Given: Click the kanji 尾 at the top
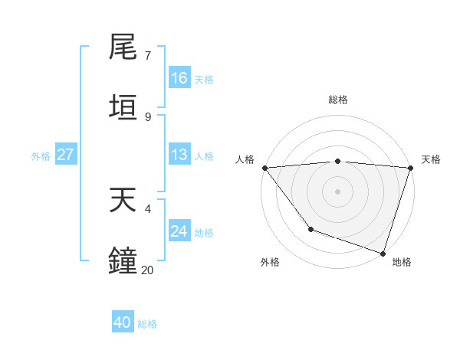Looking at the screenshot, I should click(x=124, y=47).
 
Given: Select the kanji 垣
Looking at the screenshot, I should click(x=124, y=108).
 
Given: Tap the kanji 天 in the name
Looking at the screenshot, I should click(x=124, y=201).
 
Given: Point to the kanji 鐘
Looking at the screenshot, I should click(x=124, y=260).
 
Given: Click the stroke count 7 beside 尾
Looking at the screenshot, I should click(x=147, y=56).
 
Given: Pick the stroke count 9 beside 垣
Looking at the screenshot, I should click(x=147, y=116).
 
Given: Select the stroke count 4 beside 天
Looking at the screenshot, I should click(x=147, y=208).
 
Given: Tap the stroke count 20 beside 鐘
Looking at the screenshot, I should click(x=147, y=270).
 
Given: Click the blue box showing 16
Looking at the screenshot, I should click(x=179, y=78).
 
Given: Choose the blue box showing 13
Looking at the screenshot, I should click(x=179, y=155).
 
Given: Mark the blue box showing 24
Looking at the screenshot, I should click(x=179, y=231).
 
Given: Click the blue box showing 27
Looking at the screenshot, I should click(x=66, y=155).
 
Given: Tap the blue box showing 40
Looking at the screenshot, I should click(x=123, y=322).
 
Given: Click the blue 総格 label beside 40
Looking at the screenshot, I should click(x=148, y=324).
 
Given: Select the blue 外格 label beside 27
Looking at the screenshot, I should click(x=41, y=155).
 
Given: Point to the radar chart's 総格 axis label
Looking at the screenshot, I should click(x=338, y=100).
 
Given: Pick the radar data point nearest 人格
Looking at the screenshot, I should click(x=264, y=168).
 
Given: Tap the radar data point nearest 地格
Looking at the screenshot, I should click(x=383, y=253).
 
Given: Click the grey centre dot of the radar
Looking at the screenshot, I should click(x=337, y=191).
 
